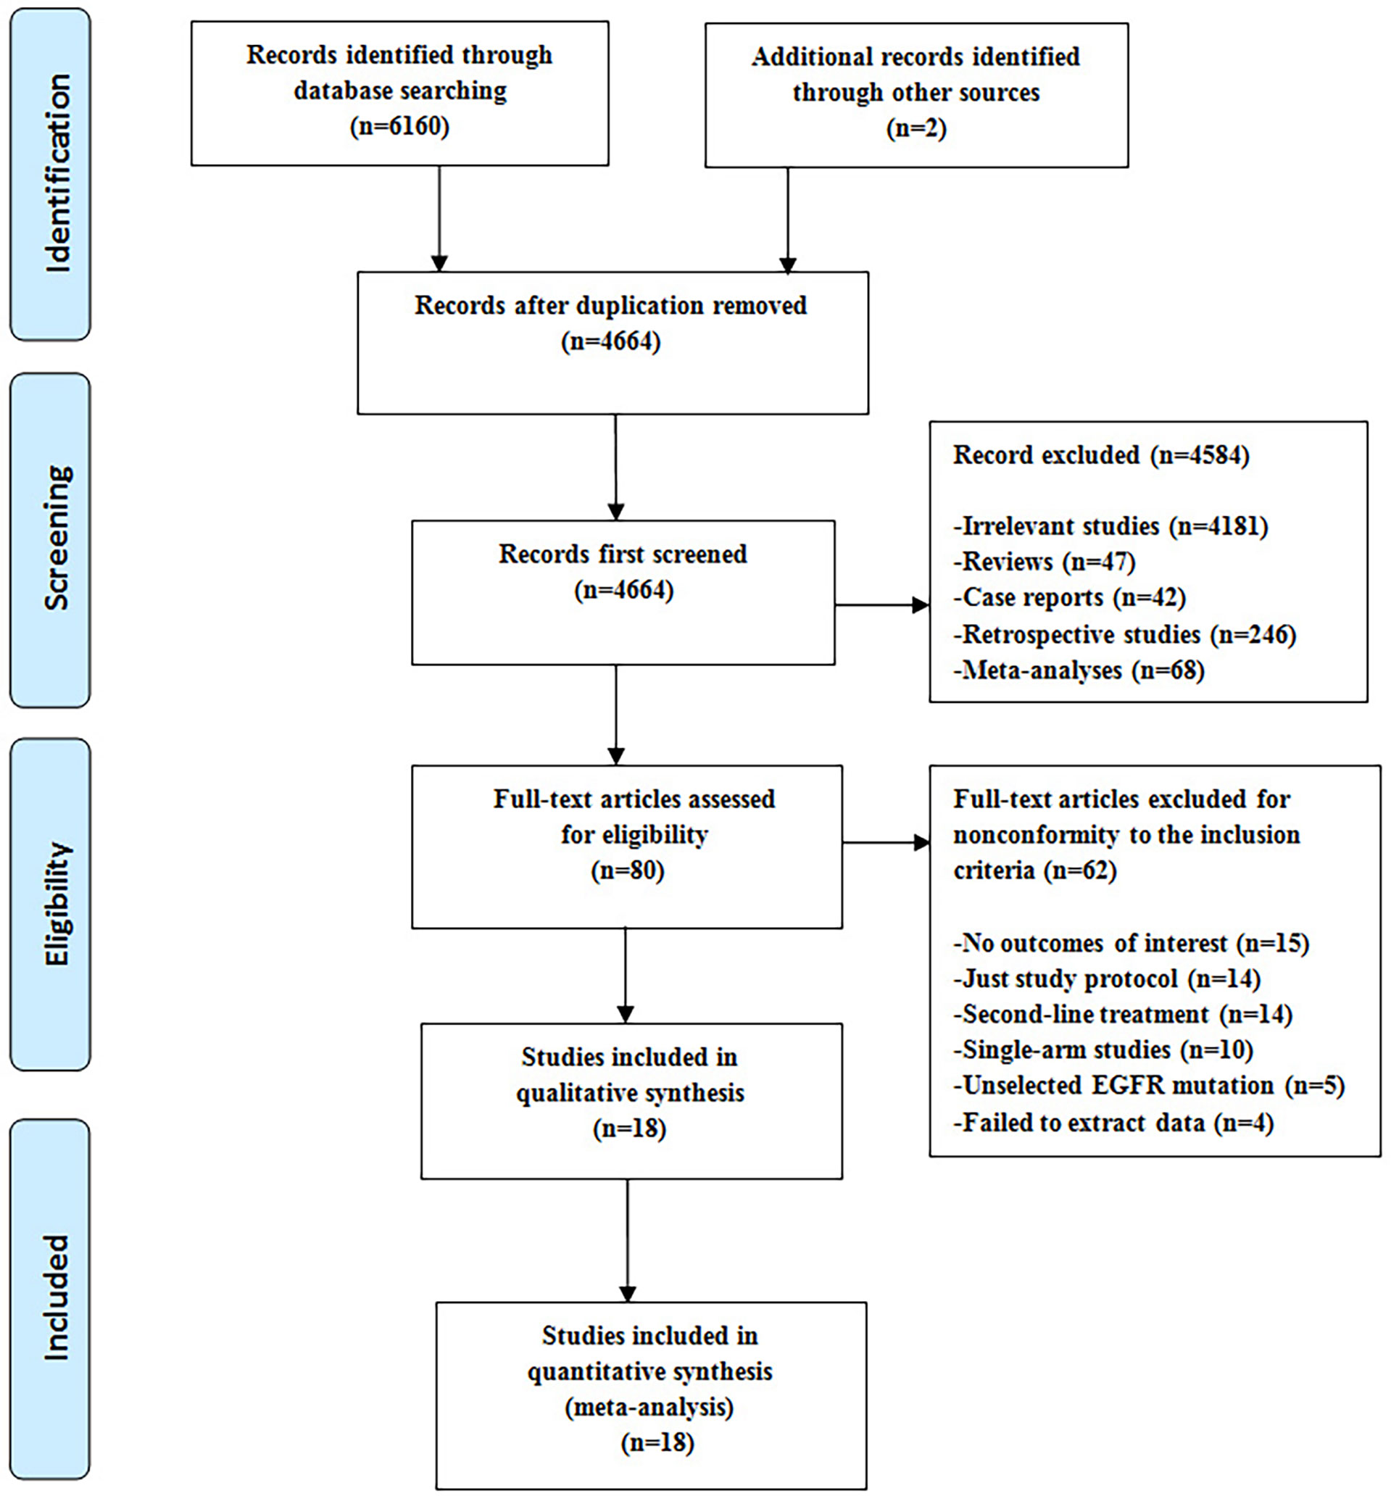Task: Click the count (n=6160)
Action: coord(399,125)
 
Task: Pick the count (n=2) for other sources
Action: coord(916,127)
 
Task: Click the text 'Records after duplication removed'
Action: coord(610,306)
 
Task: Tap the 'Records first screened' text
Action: coord(623,554)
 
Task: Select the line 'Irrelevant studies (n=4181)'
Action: coord(1110,525)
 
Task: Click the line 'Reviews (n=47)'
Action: coord(1044,562)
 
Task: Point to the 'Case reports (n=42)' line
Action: coord(1070,597)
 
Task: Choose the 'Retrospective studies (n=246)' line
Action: coord(1124,634)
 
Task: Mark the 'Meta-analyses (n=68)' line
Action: coord(1079,670)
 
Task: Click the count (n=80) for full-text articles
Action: coord(628,870)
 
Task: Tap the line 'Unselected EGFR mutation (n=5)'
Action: coord(1149,1085)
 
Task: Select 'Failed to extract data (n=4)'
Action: coord(1113,1122)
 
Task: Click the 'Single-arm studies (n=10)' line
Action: coord(1103,1049)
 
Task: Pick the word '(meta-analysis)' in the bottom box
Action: coord(649,1407)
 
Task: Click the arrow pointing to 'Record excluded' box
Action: coord(882,605)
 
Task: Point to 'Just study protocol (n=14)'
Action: coord(1106,978)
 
